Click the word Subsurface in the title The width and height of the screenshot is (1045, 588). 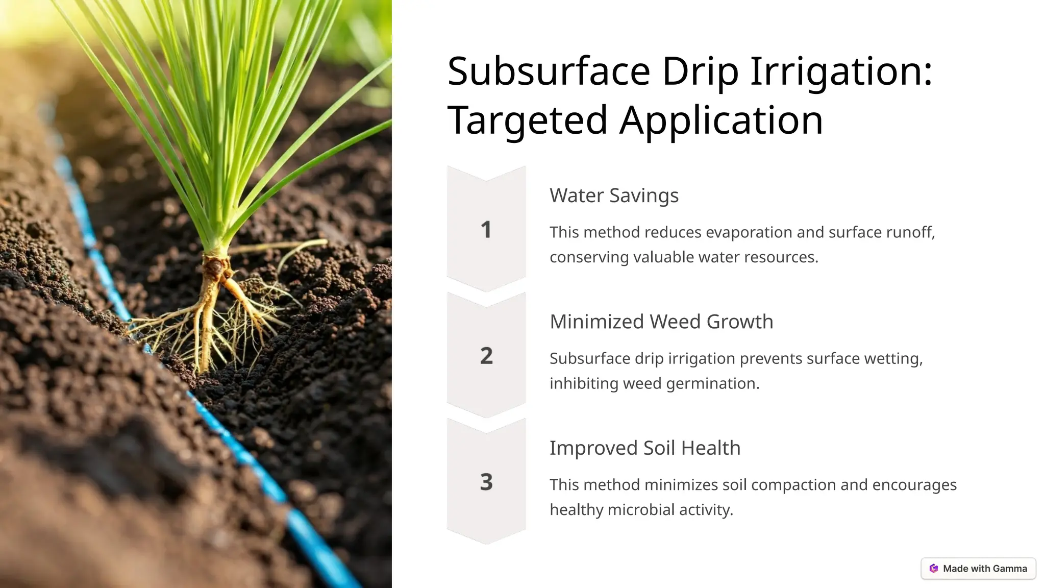coord(549,71)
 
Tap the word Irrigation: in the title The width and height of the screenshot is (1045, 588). coord(841,71)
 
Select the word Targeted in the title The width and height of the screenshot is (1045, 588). coord(527,120)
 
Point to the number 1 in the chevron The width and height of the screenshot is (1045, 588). coord(486,230)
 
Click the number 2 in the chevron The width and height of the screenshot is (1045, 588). coord(486,356)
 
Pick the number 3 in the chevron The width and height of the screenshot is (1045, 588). coord(486,482)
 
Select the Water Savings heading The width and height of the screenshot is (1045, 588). coord(614,195)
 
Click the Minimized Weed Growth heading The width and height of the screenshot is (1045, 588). coord(661,322)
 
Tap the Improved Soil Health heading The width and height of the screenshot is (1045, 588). coord(645,448)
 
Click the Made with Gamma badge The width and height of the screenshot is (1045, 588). coord(978,569)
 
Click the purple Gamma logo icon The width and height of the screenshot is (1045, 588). coord(934,569)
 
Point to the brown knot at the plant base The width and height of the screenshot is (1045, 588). coord(217,265)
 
